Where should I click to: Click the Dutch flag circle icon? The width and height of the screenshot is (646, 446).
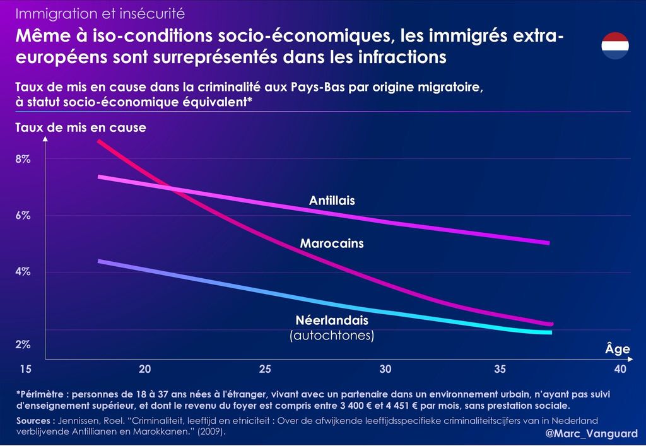point(614,45)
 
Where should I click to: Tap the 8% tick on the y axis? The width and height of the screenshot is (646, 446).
point(23,160)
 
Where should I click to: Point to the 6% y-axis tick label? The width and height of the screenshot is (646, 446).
point(23,216)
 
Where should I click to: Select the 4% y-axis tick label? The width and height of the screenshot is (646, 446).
point(23,272)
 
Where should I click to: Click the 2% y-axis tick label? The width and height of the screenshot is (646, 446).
point(23,344)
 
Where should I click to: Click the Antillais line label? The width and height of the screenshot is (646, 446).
point(332,201)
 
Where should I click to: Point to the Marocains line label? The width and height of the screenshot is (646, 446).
point(332,243)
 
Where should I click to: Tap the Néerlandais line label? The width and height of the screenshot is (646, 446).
point(332,320)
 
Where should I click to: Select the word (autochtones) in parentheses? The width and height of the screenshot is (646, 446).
point(332,336)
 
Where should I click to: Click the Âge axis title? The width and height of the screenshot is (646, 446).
point(617,349)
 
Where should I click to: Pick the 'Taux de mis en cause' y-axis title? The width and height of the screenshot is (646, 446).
point(81,127)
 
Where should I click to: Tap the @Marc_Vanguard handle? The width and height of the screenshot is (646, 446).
point(591,434)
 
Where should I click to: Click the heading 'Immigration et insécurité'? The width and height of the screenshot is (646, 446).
point(100,13)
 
